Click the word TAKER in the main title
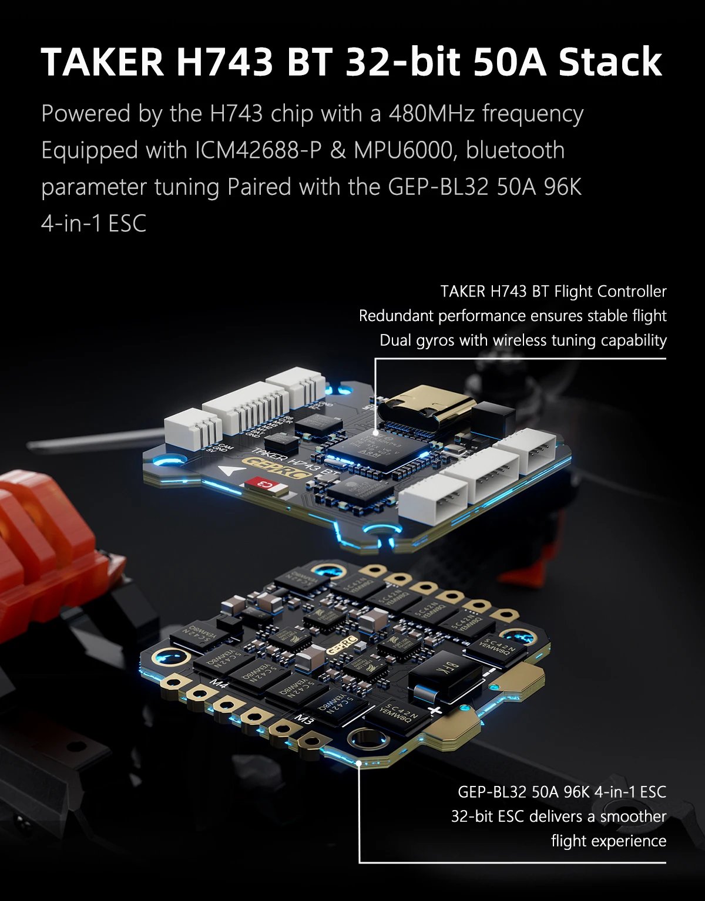coord(103,62)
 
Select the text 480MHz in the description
coord(431,113)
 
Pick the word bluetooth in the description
coord(515,150)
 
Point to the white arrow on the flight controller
coord(229,470)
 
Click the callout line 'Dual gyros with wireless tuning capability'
coord(523,340)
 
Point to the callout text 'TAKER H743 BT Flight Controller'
coord(553,291)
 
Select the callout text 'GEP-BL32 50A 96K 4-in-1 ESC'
coord(562,792)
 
